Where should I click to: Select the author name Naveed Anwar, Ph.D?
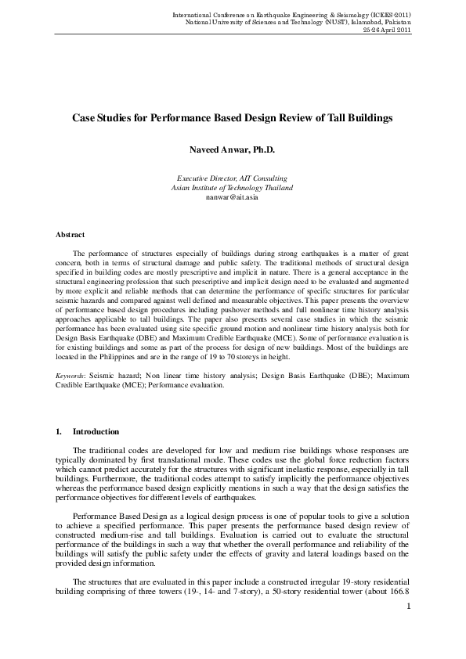[x=233, y=149]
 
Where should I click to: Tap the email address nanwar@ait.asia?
[x=233, y=197]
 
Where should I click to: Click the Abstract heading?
[x=70, y=234]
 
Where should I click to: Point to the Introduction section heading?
[x=96, y=431]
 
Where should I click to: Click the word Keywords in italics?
[x=70, y=376]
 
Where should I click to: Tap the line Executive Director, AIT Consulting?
[x=233, y=178]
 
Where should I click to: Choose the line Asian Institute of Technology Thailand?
[x=233, y=188]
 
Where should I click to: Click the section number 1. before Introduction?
[x=59, y=431]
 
